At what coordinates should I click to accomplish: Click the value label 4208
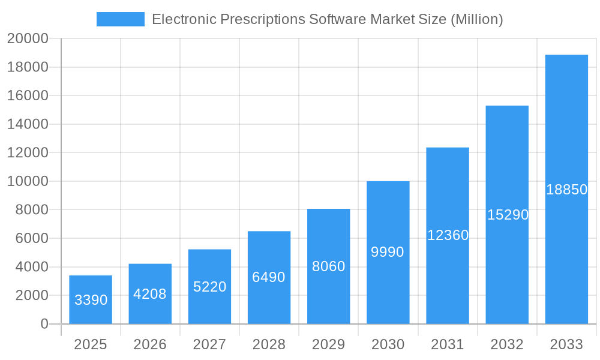pyautogui.click(x=150, y=294)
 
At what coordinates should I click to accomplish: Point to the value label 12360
pyautogui.click(x=448, y=235)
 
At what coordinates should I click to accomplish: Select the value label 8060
pyautogui.click(x=329, y=266)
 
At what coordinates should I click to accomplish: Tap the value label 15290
pyautogui.click(x=508, y=214)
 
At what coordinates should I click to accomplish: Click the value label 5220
pyautogui.click(x=209, y=287)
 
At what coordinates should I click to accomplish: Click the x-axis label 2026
pyautogui.click(x=150, y=344)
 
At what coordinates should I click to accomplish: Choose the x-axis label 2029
pyautogui.click(x=329, y=344)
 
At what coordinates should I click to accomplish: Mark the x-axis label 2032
pyautogui.click(x=507, y=344)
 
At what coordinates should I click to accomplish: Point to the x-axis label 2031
pyautogui.click(x=448, y=344)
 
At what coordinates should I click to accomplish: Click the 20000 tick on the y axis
pyautogui.click(x=28, y=38)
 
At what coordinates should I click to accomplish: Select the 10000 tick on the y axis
pyautogui.click(x=28, y=181)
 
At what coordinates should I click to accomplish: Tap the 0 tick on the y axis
pyautogui.click(x=44, y=324)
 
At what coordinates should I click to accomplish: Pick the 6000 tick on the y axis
pyautogui.click(x=31, y=238)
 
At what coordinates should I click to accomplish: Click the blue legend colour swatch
pyautogui.click(x=121, y=19)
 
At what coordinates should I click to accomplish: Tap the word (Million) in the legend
pyautogui.click(x=476, y=19)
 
